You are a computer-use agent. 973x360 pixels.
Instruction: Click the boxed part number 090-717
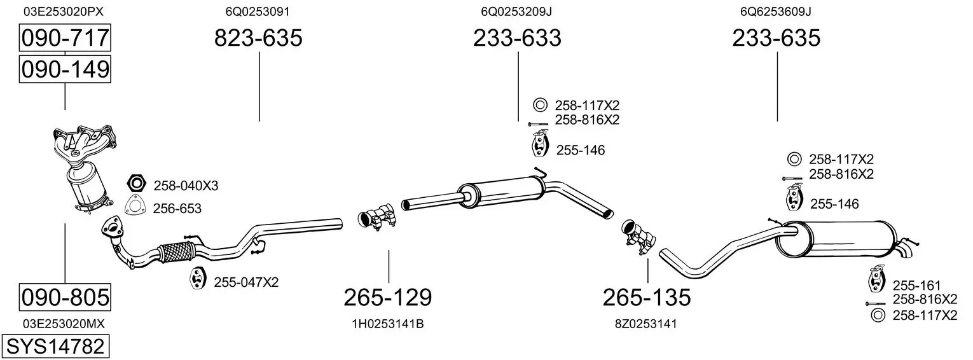pyautogui.click(x=65, y=38)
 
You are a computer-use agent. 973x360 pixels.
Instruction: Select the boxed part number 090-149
pyautogui.click(x=65, y=69)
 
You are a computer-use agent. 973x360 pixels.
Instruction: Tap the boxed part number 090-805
pyautogui.click(x=65, y=298)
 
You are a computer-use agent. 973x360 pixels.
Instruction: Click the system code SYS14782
pyautogui.click(x=55, y=347)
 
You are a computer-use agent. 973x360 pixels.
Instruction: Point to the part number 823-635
pyautogui.click(x=258, y=38)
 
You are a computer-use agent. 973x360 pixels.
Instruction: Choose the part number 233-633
pyautogui.click(x=517, y=38)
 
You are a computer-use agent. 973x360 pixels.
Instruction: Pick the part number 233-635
pyautogui.click(x=776, y=38)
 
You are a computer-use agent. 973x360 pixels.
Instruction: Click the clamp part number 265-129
pyautogui.click(x=388, y=298)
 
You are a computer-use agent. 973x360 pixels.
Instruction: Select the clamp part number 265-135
pyautogui.click(x=647, y=298)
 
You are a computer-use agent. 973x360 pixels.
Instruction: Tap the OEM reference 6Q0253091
pyautogui.click(x=258, y=11)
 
